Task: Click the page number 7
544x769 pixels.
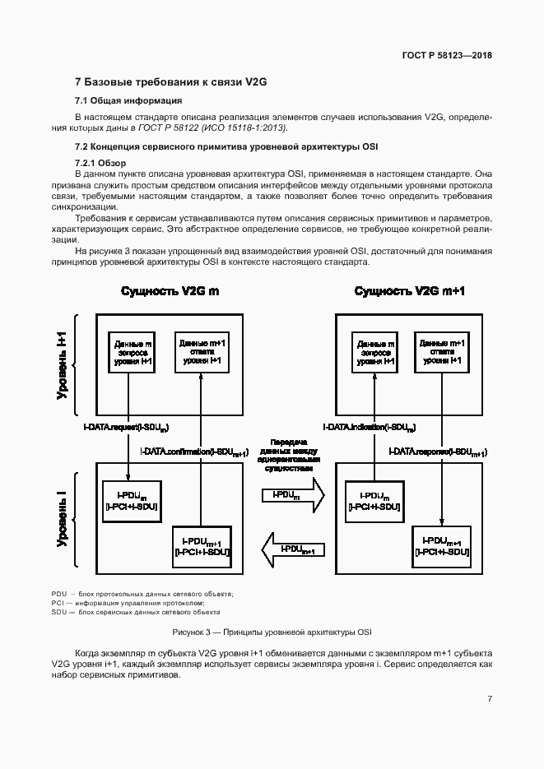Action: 490,699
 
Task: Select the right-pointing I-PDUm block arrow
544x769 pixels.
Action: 292,495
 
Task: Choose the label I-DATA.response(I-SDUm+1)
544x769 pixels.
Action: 437,452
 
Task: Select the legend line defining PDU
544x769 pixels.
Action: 142,594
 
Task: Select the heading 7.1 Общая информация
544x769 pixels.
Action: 128,101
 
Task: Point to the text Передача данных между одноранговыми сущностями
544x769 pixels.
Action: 288,455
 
